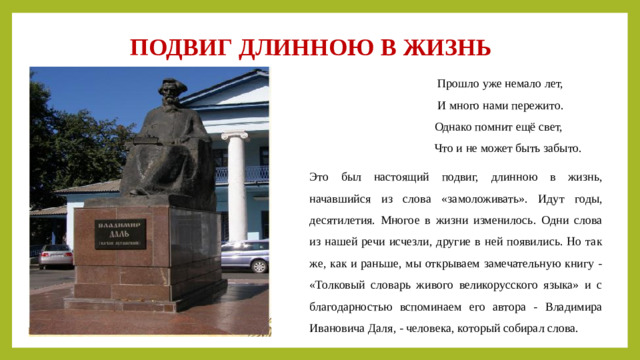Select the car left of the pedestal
pyautogui.click(x=54, y=256)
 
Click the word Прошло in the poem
pyautogui.click(x=457, y=84)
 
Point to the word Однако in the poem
pyautogui.click(x=456, y=127)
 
